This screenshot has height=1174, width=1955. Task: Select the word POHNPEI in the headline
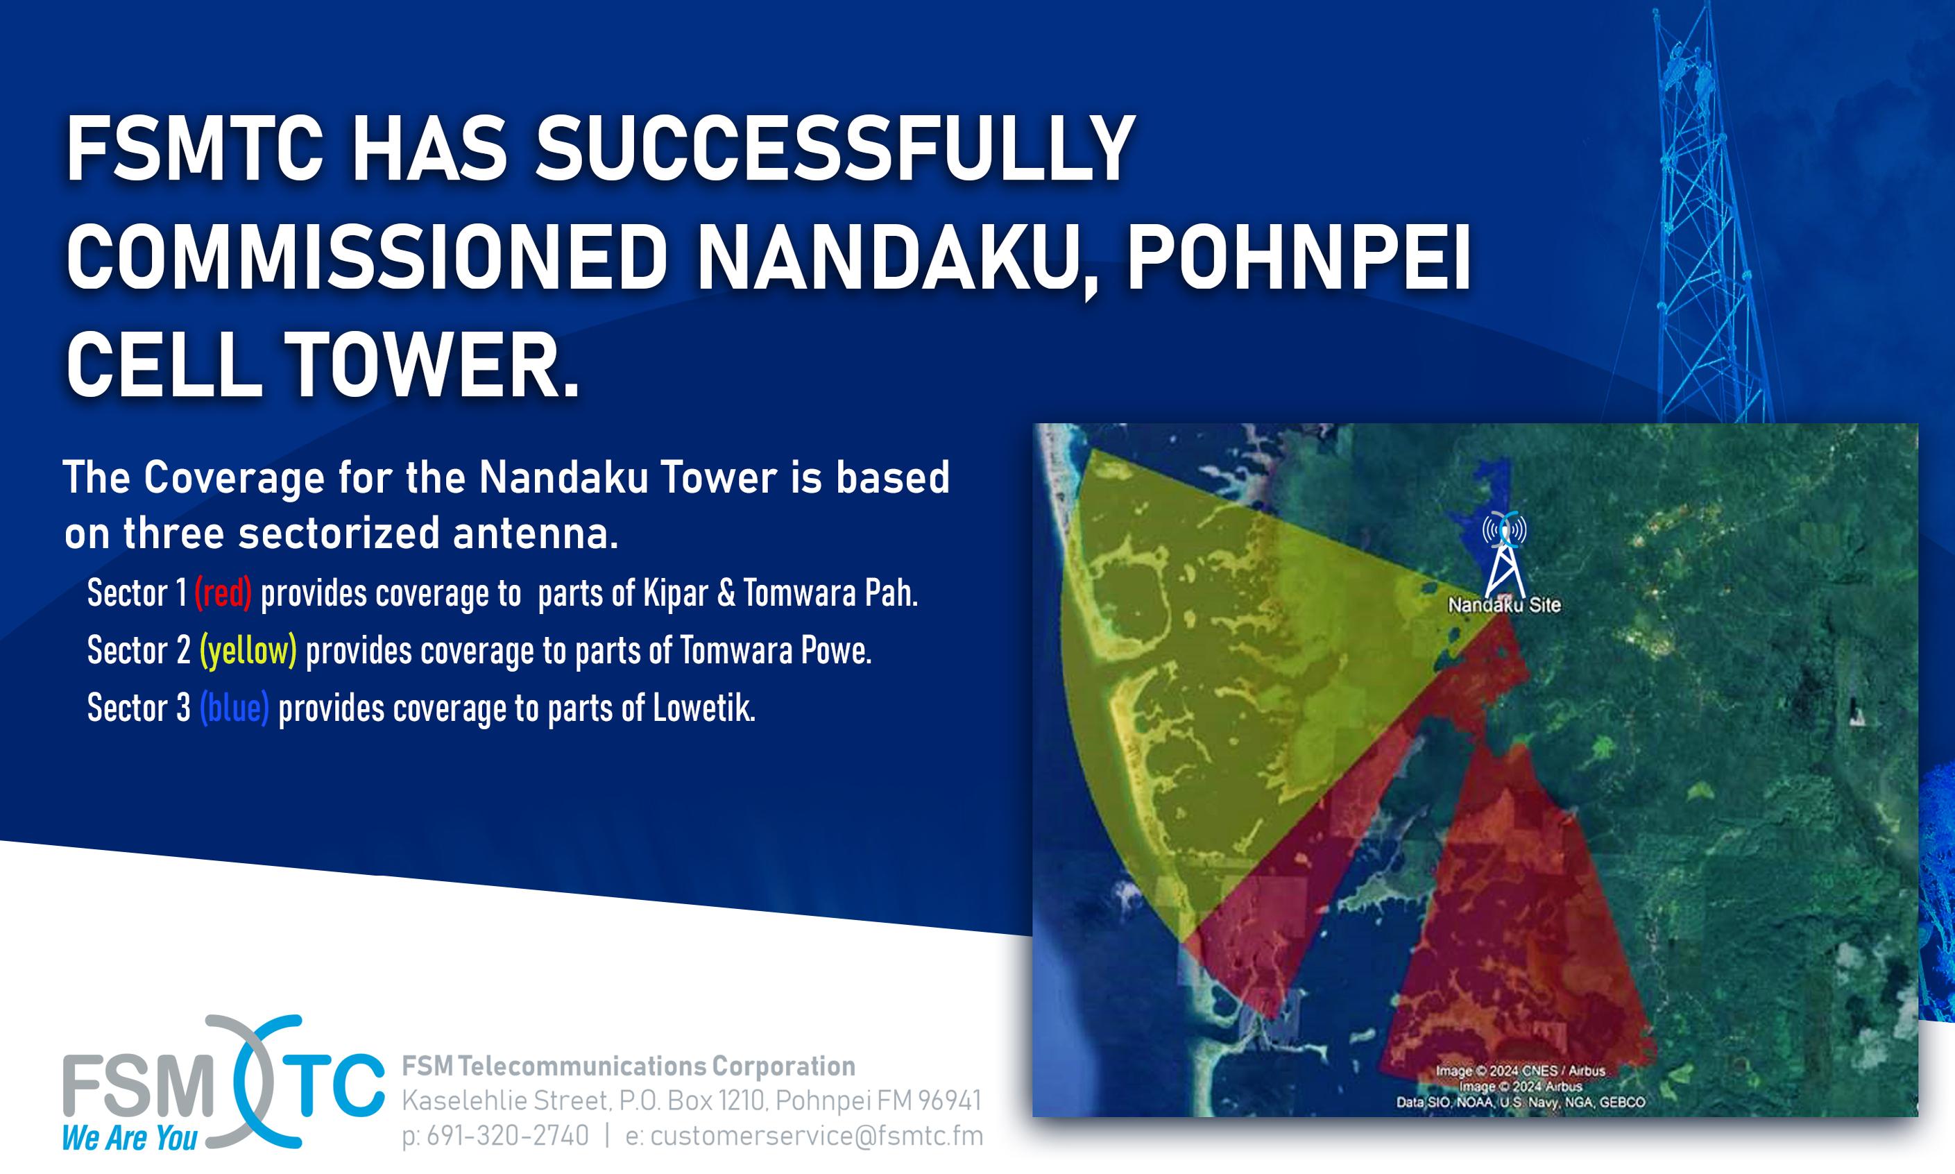[1299, 259]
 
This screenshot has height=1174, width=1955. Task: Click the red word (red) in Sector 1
[223, 593]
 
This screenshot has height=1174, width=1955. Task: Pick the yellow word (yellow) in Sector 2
[248, 651]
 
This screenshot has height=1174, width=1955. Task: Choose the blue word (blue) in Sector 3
[234, 708]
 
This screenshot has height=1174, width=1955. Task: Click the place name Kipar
[676, 594]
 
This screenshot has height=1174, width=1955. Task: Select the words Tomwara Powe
[776, 651]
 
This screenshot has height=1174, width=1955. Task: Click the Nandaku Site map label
[1504, 605]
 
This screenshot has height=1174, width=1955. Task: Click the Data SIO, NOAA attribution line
[1521, 1102]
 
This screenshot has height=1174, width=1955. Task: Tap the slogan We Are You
[130, 1139]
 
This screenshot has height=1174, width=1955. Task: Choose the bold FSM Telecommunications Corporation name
[629, 1066]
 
